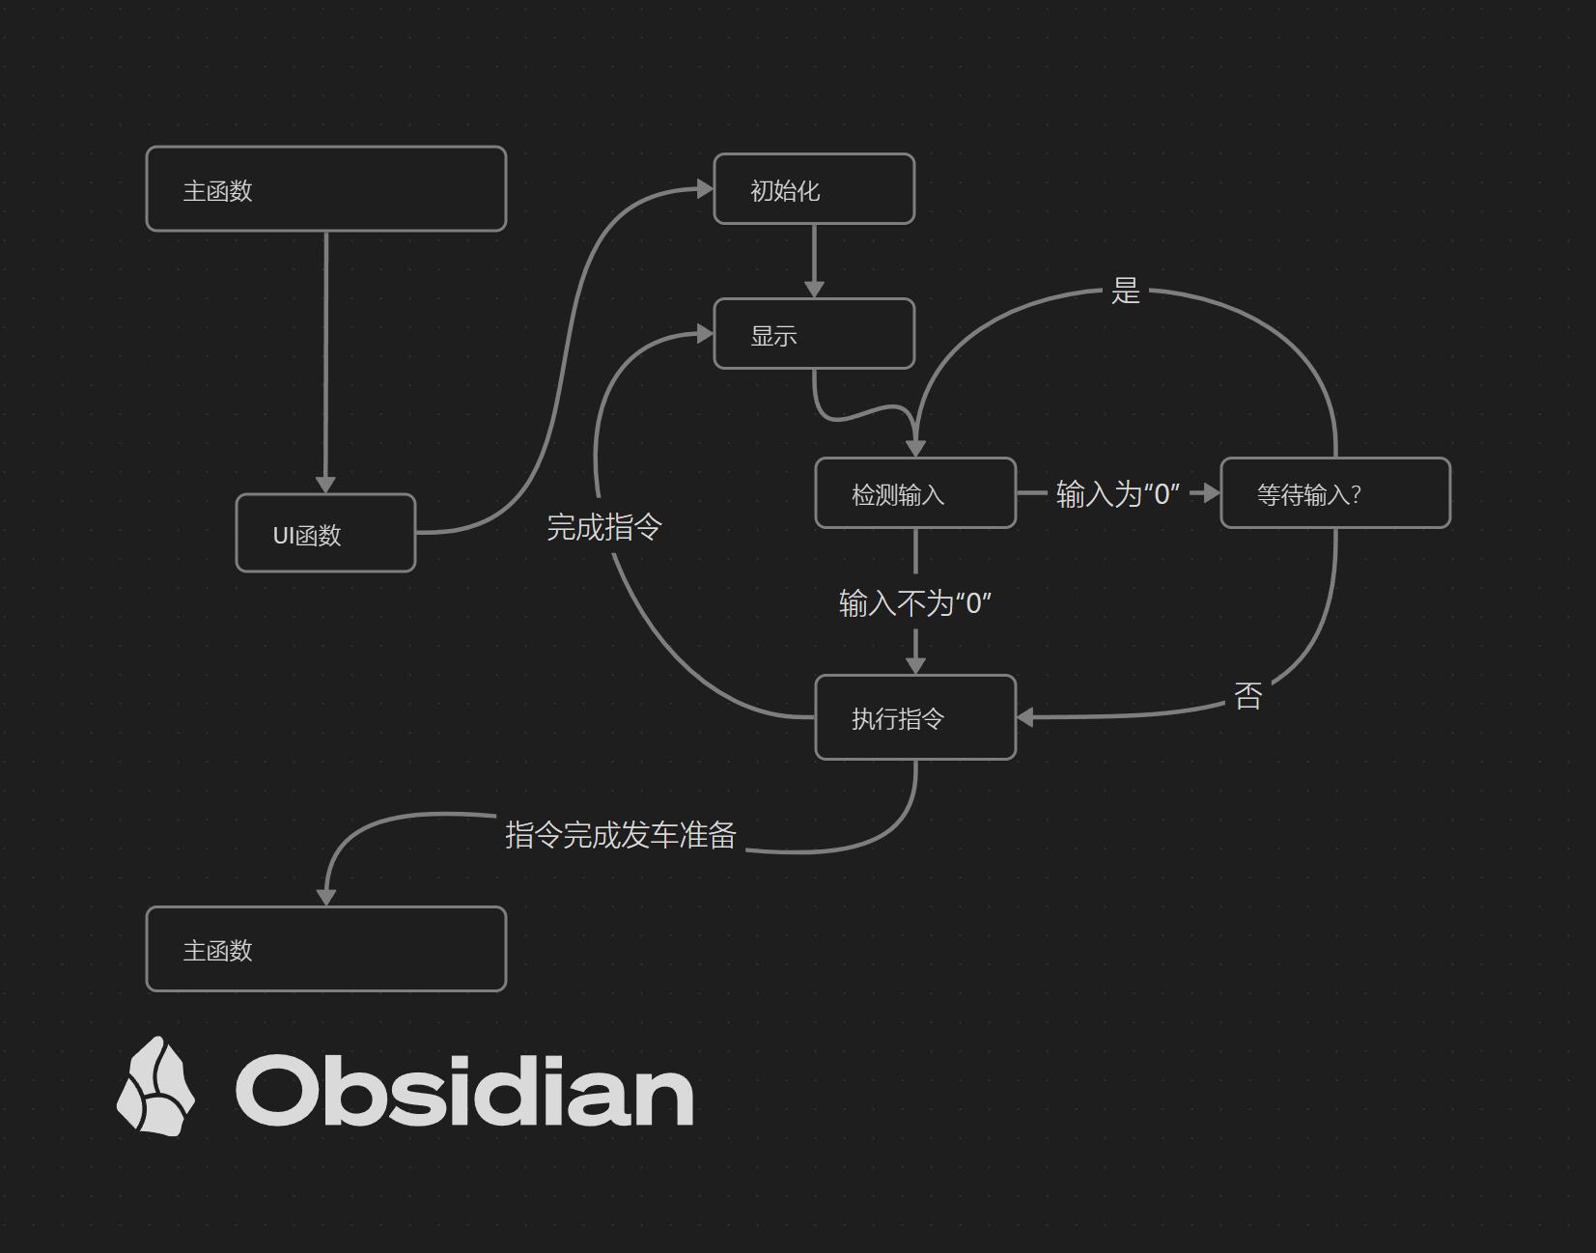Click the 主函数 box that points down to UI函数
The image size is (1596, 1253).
click(x=326, y=188)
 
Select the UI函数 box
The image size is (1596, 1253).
click(x=325, y=533)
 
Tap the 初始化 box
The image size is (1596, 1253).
click(x=814, y=188)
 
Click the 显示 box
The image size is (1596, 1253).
click(x=814, y=333)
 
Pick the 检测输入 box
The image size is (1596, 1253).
click(x=915, y=492)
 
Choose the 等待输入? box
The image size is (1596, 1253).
click(x=1335, y=492)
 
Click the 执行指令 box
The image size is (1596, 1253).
click(x=915, y=717)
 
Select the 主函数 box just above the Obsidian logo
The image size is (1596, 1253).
click(x=326, y=948)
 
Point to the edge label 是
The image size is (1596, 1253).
click(x=1125, y=291)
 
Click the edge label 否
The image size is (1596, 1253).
click(x=1247, y=695)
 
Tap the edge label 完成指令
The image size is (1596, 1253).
click(x=604, y=527)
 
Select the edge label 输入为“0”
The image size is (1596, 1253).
click(x=1118, y=493)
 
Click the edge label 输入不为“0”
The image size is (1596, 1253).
click(x=915, y=603)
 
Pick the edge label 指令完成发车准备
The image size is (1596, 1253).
click(x=621, y=835)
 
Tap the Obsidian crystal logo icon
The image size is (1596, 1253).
click(x=155, y=1086)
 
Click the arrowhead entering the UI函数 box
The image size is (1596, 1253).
click(x=325, y=485)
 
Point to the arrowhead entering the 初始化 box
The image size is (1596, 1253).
click(x=705, y=188)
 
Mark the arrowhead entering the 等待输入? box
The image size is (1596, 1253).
click(x=1212, y=493)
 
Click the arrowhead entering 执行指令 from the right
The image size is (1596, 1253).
click(x=1025, y=717)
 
